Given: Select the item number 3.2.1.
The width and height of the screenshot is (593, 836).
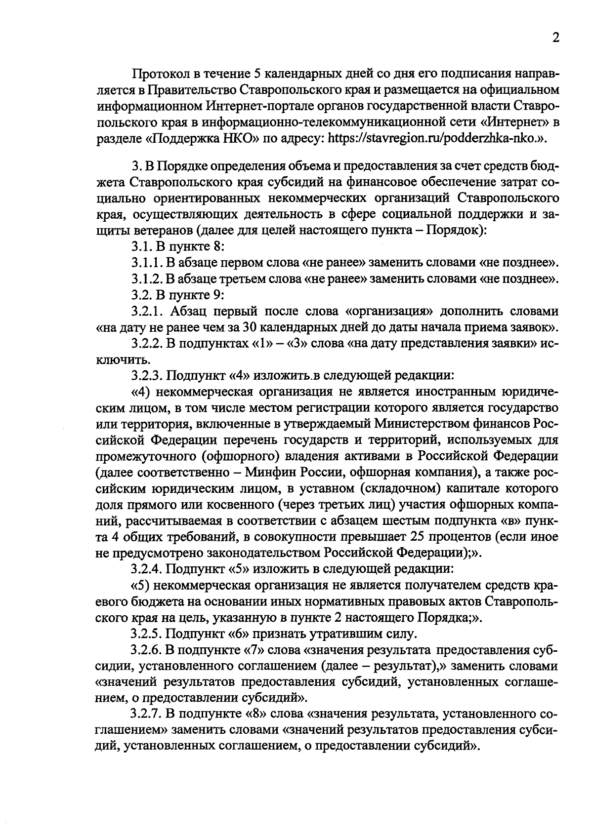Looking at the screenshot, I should (147, 312).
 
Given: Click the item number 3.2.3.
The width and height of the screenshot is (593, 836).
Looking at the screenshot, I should (147, 376).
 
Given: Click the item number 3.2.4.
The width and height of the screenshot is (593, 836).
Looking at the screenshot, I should (147, 569).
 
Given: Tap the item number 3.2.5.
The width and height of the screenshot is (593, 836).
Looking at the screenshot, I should (147, 634).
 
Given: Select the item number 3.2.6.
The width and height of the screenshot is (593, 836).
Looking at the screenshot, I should (147, 650).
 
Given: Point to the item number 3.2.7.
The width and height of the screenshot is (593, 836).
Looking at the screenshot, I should (147, 714).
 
